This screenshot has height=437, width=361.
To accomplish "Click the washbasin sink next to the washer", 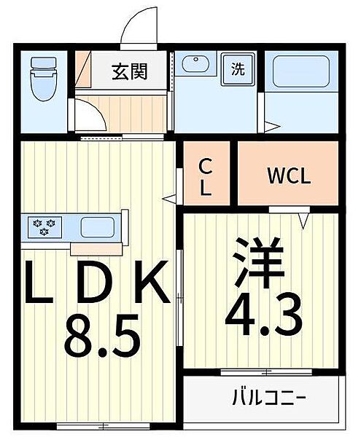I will pyautogui.click(x=196, y=66).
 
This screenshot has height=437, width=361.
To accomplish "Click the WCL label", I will pyautogui.click(x=289, y=176).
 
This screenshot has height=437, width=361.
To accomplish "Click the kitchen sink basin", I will pyautogui.click(x=96, y=227).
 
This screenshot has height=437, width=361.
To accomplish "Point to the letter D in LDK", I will pyautogui.click(x=93, y=286).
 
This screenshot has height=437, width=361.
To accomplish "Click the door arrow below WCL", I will pyautogui.click(x=305, y=217).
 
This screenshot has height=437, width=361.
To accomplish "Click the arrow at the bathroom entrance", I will pyautogui.click(x=271, y=127).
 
